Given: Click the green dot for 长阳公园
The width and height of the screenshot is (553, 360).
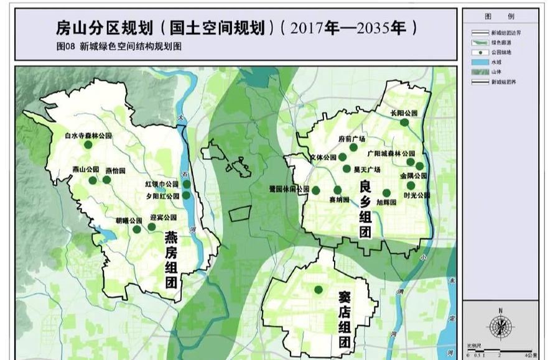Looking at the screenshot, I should point(404,122).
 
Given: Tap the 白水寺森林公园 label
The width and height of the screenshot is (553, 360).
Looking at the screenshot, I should point(88,135).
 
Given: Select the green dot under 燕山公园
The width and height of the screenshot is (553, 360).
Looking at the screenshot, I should point(93,180).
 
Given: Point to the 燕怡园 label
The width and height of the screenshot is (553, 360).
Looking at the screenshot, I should point(114,170).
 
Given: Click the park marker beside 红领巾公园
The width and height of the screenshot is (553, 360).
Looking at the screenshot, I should point(186,184).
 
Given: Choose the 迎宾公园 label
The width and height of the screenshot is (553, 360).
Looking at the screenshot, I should point(164,218).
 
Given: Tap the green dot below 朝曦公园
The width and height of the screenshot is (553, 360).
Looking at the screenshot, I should point(137,229).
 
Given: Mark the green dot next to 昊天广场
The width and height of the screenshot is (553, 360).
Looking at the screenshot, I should point(346,168).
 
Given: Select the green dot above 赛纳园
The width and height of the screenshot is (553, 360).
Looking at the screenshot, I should point(338,190).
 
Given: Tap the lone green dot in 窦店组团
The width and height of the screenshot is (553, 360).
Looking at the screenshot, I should point(318,289).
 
